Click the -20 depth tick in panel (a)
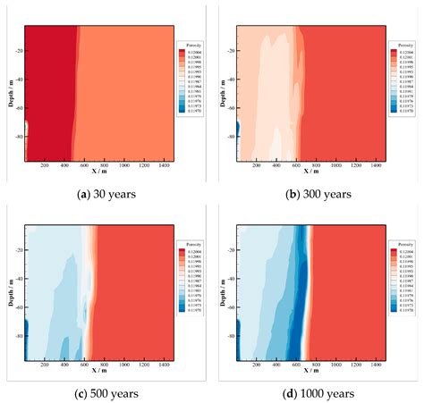click(16, 51)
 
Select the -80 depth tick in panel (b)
click(228, 138)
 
